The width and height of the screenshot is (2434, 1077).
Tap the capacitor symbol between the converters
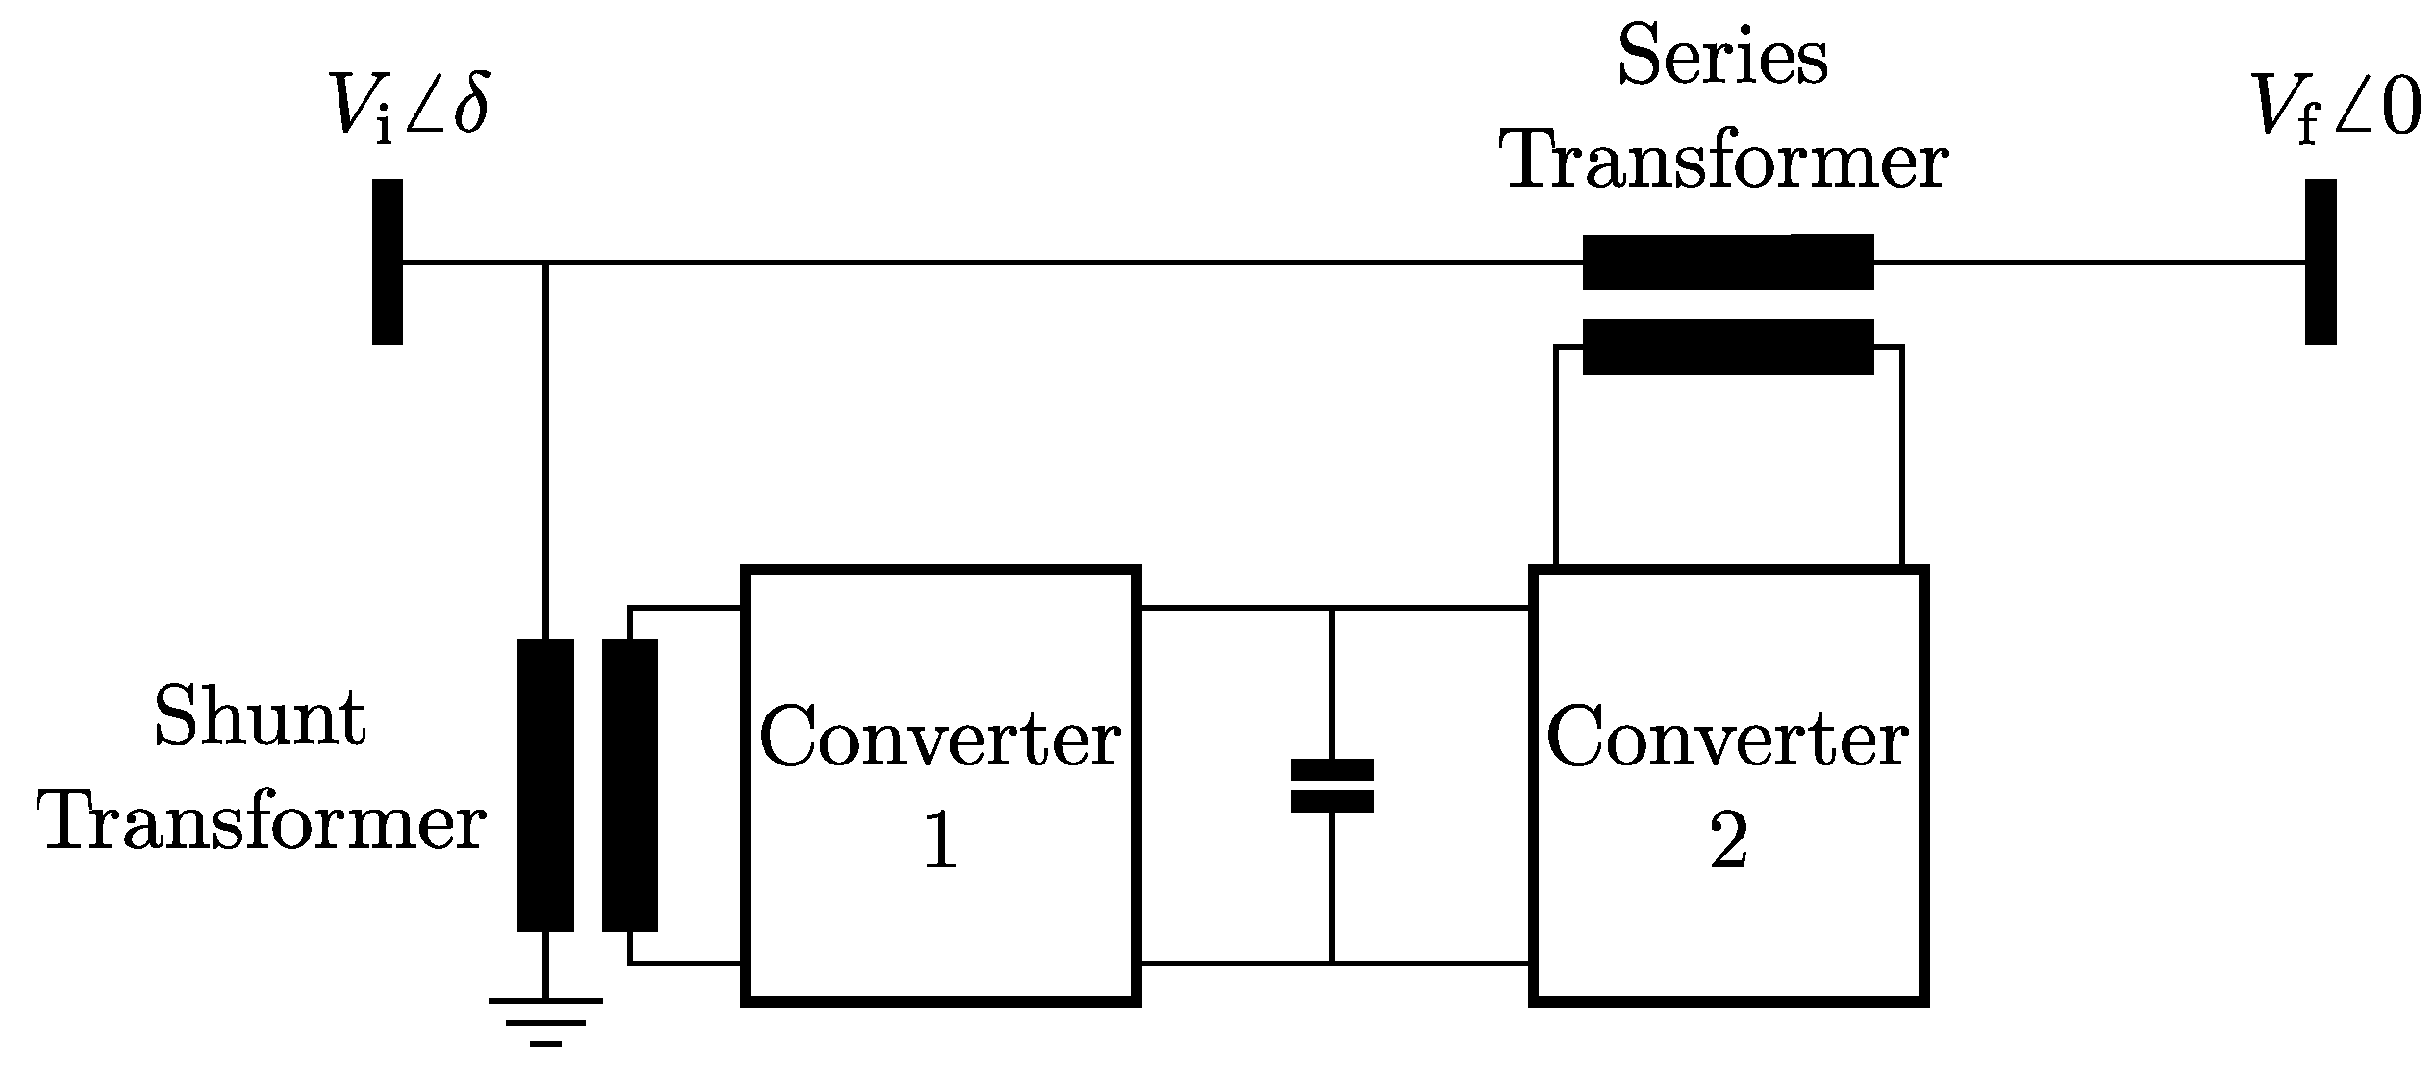1331,786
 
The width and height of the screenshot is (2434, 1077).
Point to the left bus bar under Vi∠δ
387,262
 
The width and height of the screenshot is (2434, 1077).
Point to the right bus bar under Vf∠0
2321,262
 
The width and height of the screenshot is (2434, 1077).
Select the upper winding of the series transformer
1727,262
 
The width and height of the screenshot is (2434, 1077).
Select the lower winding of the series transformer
1727,346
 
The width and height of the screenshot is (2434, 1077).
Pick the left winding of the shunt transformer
545,786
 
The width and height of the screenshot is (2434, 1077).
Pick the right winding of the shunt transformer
630,786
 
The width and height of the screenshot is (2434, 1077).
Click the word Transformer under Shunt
262,824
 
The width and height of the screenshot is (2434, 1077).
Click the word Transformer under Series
1727,162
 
